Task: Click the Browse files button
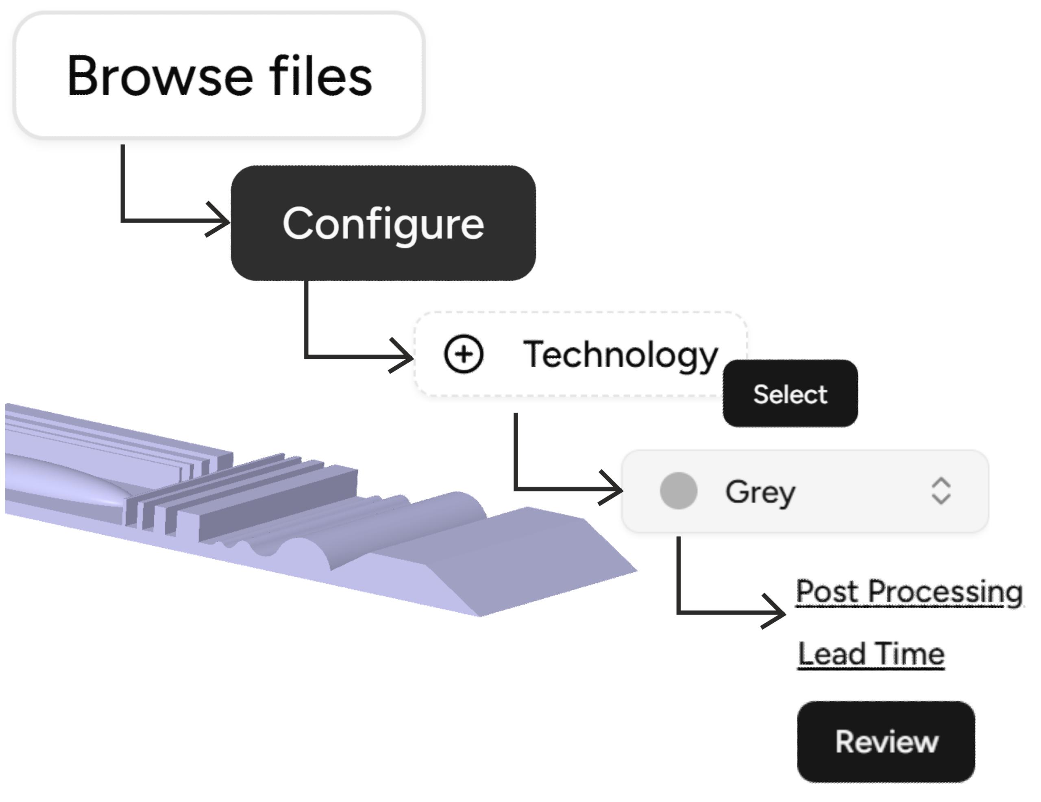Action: click(219, 75)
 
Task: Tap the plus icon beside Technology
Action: click(463, 354)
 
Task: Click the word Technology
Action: click(620, 354)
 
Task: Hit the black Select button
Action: click(790, 393)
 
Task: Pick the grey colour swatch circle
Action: click(678, 491)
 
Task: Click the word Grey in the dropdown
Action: click(760, 492)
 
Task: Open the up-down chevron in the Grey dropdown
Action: click(941, 491)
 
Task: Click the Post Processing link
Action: click(909, 591)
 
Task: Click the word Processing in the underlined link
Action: click(945, 591)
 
